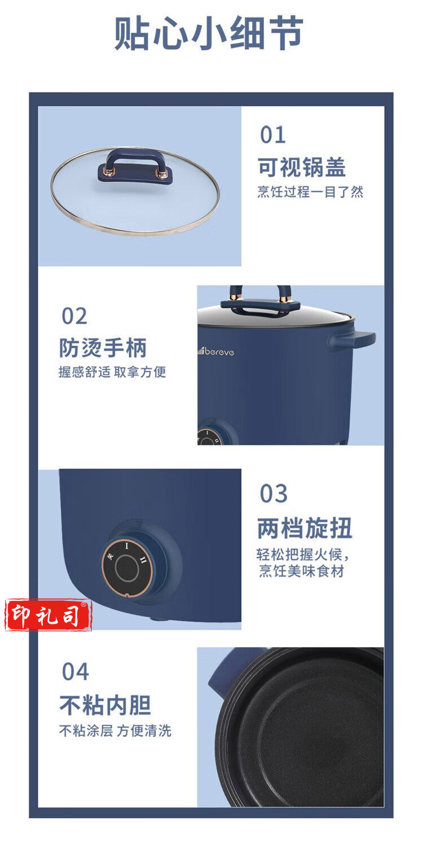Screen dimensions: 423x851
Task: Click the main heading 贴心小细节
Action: click(209, 33)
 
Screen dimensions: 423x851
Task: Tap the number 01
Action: click(272, 135)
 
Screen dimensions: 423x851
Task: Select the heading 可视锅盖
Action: click(302, 167)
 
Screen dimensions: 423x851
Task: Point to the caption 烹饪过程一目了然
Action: click(310, 192)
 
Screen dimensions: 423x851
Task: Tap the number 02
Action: click(74, 316)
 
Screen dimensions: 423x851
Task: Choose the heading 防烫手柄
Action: click(103, 348)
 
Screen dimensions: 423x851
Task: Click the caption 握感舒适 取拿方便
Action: click(112, 372)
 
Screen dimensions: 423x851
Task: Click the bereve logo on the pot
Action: click(216, 351)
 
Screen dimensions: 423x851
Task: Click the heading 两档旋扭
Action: click(305, 528)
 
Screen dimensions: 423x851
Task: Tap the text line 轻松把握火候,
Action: click(302, 555)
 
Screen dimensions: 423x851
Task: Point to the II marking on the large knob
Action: click(143, 560)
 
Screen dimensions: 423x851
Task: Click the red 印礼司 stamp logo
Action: click(48, 616)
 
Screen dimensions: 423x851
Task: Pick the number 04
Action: click(76, 671)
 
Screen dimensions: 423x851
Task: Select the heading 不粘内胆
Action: click(105, 705)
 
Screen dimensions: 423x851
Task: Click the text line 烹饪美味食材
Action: click(302, 571)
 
